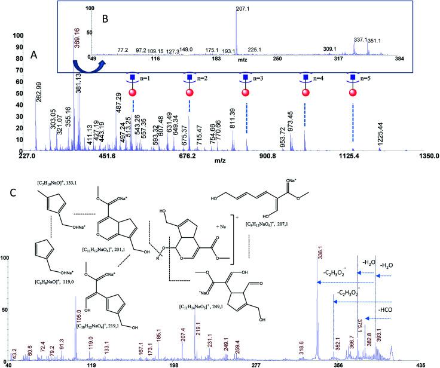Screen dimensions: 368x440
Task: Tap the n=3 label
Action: [x=257, y=78]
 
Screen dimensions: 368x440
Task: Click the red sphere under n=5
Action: [x=353, y=92]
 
